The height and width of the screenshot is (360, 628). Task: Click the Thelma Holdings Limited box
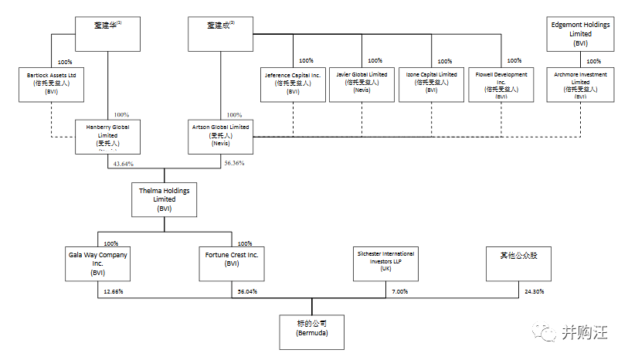pos(163,199)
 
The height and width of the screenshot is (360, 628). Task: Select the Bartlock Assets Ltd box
pos(52,83)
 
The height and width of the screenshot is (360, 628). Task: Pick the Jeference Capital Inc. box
pos(293,83)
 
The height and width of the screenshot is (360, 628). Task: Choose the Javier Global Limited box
pos(362,83)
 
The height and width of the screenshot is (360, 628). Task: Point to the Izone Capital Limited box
pos(432,83)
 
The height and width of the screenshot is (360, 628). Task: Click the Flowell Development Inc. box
pos(501,83)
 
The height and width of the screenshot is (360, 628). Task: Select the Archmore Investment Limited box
pos(581,83)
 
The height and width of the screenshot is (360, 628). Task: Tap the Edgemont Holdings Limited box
pos(581,34)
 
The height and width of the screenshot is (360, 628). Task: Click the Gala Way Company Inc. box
pos(98,263)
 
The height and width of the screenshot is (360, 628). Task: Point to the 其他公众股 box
pos(518,263)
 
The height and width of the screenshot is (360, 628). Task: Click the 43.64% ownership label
pos(123,164)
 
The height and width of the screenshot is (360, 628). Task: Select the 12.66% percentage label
pos(113,291)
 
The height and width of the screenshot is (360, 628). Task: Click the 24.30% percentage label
pos(534,291)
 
